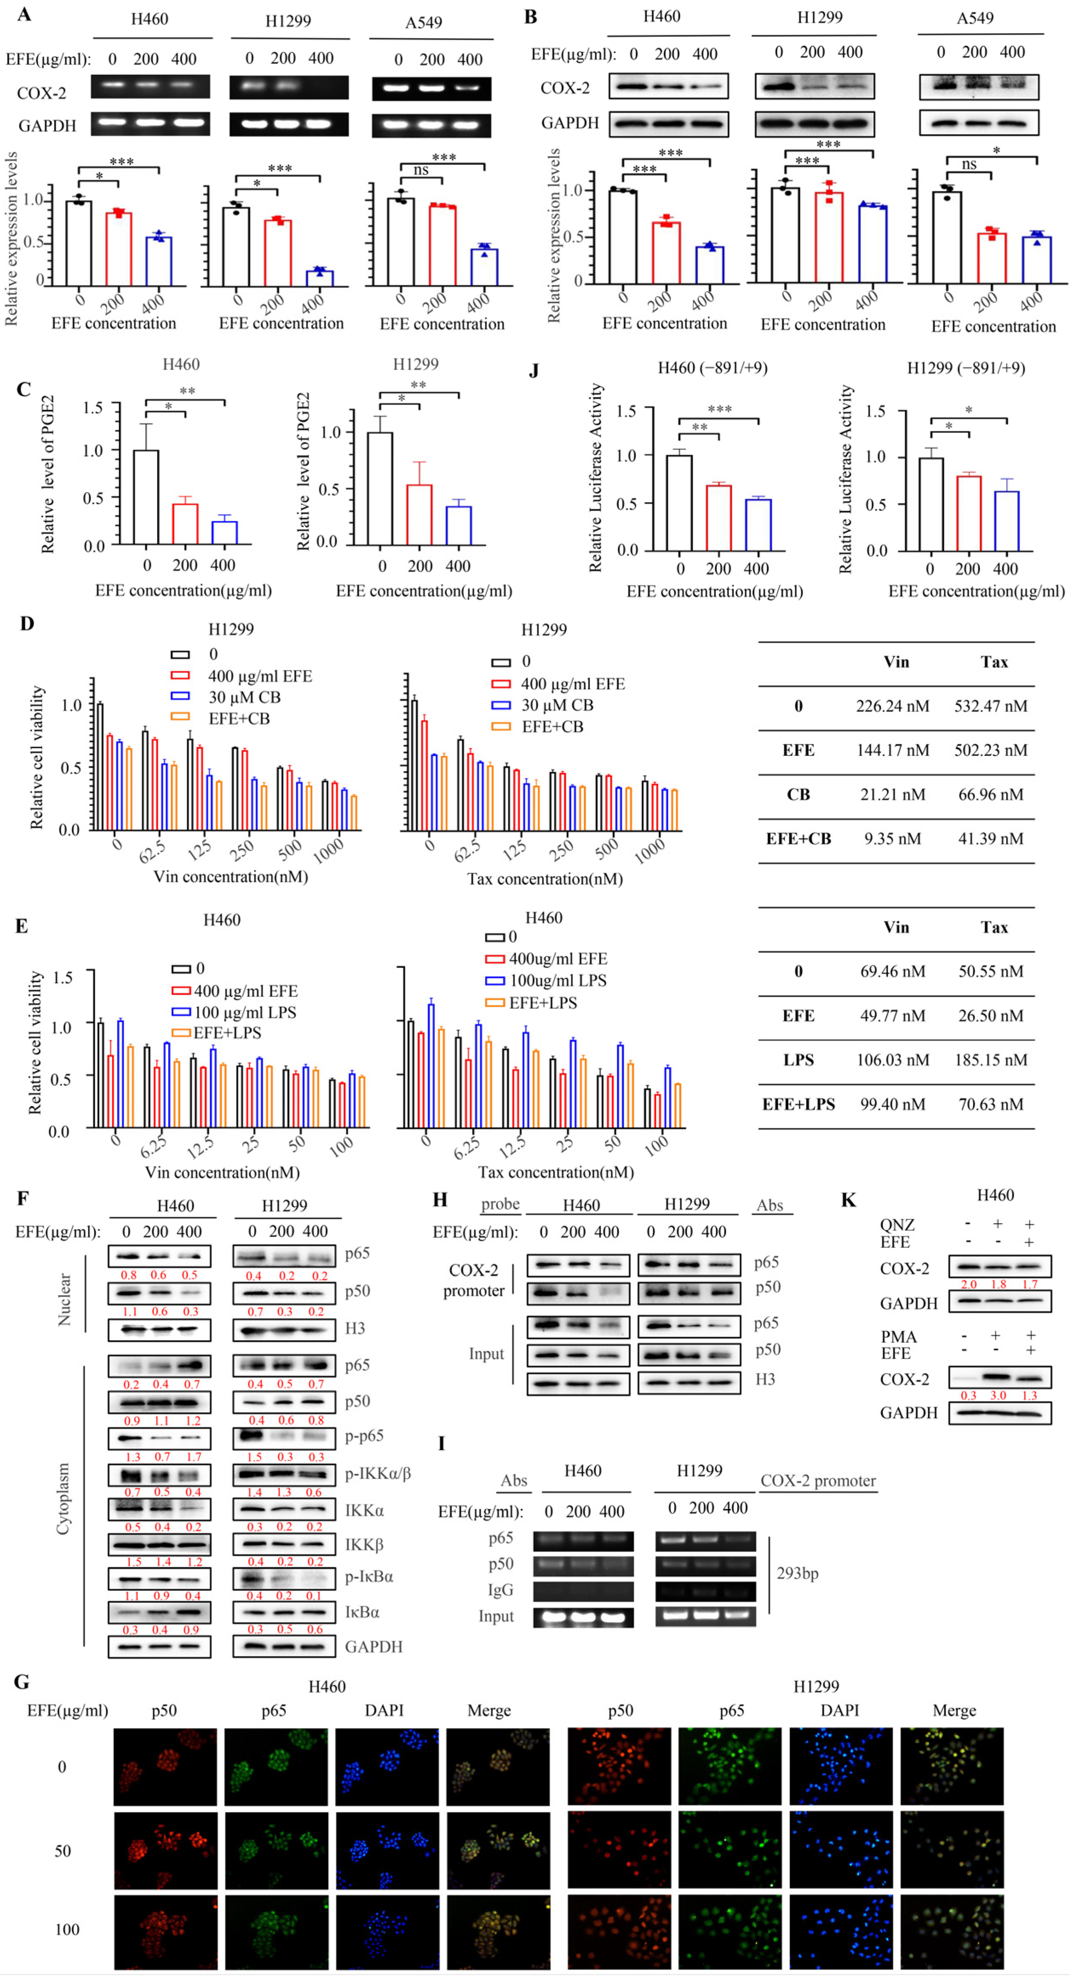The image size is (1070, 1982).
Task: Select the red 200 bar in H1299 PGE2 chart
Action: (419, 514)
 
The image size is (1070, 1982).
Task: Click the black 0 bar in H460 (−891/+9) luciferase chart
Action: (679, 503)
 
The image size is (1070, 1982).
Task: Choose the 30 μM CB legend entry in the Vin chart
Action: (244, 697)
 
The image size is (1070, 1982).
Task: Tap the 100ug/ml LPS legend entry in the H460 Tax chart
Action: (557, 980)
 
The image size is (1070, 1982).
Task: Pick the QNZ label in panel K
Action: (897, 1224)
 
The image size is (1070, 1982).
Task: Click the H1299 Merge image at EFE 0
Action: (952, 1767)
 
